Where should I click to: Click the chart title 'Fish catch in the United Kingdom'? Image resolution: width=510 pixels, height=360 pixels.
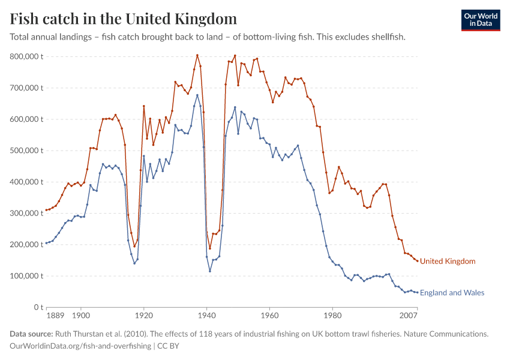[x=123, y=19]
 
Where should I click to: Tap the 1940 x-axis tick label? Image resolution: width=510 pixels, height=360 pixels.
[x=206, y=315]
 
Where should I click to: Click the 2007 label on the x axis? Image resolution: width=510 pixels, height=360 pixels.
[x=409, y=315]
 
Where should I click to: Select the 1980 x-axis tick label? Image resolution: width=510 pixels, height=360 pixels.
[x=332, y=315]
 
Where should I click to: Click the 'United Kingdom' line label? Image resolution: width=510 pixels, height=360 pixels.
[x=448, y=262]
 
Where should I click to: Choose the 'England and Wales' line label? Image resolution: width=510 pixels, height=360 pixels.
[x=452, y=293]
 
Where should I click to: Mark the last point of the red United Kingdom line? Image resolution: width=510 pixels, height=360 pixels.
[x=417, y=261]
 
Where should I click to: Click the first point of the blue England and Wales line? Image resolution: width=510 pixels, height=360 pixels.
[x=46, y=243]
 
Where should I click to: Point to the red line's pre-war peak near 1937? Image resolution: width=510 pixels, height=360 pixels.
[x=197, y=55]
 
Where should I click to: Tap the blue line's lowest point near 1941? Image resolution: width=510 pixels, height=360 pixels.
[x=210, y=271]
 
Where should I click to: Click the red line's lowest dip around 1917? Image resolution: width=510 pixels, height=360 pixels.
[x=134, y=246]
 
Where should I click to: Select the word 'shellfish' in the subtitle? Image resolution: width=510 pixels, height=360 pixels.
[x=388, y=37]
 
